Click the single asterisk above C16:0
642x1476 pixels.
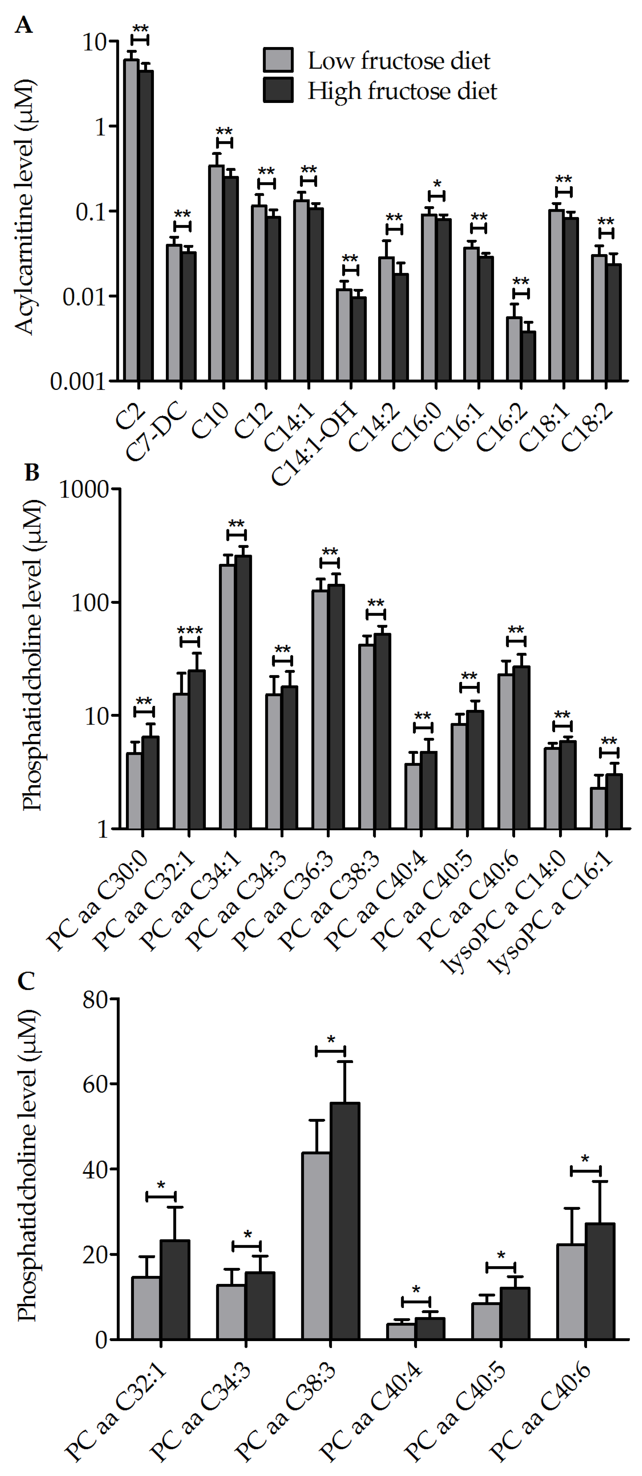[x=437, y=184]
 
